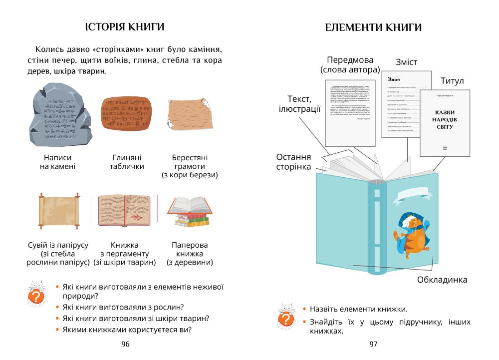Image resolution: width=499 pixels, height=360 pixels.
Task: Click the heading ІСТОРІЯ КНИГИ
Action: point(125,26)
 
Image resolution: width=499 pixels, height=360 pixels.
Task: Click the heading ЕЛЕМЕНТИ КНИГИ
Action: point(374,28)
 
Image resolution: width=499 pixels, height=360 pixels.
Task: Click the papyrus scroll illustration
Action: point(59,210)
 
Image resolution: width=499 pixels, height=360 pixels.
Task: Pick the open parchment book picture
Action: point(125,210)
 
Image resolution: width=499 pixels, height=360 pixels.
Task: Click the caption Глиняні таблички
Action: point(127,162)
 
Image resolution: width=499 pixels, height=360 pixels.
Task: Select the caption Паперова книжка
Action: point(190,249)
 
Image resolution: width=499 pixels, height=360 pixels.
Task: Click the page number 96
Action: point(125,344)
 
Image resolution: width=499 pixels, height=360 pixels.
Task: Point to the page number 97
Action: point(373,344)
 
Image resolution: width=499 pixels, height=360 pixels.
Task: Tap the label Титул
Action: point(452,81)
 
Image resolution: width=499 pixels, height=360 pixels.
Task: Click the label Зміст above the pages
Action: point(406,62)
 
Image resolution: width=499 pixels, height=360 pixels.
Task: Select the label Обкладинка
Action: point(442,280)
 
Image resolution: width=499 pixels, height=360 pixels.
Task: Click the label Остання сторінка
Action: point(293,162)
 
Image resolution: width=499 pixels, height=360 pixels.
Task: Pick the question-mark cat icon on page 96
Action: point(35,295)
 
